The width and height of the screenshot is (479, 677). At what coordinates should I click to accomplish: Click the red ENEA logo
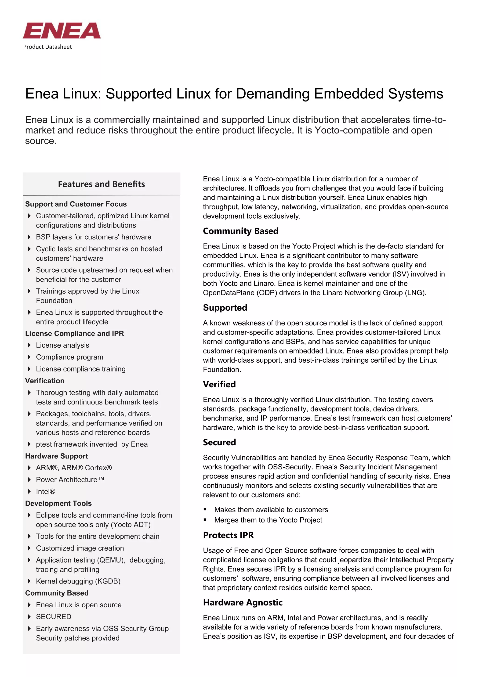click(62, 31)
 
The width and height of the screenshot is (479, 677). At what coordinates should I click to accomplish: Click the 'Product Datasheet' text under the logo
click(47, 47)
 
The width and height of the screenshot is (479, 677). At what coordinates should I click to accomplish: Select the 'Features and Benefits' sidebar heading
click(101, 184)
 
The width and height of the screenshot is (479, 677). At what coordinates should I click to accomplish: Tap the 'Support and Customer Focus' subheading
click(76, 204)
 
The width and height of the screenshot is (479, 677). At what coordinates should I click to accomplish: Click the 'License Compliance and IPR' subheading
click(74, 334)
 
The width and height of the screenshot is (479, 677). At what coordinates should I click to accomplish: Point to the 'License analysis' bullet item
click(62, 345)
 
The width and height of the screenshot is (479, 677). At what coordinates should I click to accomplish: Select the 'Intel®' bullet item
click(45, 492)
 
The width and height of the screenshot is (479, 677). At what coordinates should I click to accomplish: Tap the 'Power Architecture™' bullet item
click(70, 480)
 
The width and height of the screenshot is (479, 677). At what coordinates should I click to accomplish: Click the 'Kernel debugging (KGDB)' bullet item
click(78, 581)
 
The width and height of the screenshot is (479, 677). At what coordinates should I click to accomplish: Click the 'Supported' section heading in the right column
click(225, 308)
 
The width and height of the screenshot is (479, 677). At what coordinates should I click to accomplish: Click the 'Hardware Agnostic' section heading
click(243, 602)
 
